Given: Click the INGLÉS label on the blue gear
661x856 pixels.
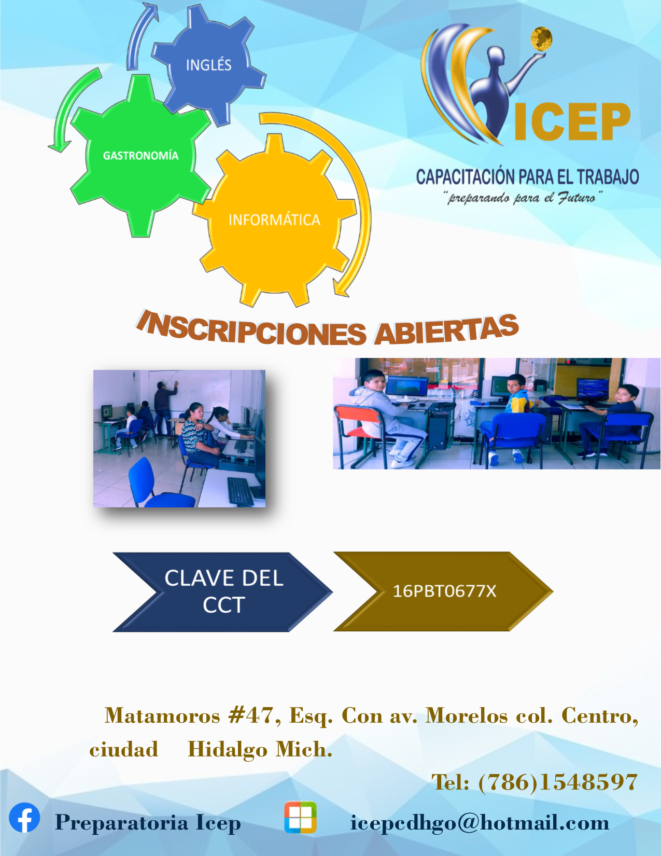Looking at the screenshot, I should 208,65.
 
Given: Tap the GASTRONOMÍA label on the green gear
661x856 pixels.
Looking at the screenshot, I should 140,156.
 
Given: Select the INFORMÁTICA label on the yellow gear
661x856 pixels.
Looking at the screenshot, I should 274,220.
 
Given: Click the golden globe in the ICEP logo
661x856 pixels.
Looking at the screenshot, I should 541,39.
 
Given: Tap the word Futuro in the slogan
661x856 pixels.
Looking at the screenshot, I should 576,198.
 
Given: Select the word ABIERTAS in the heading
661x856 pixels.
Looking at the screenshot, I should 446,330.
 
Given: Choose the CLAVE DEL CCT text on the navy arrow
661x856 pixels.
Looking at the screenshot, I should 223,591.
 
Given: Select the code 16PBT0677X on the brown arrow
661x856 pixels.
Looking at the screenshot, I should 444,591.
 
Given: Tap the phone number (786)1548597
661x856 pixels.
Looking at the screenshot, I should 557,782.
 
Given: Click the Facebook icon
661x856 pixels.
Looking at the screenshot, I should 24,818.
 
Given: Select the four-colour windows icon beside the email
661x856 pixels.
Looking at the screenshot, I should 300,818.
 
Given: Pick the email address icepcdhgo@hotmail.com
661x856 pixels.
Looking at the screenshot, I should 480,823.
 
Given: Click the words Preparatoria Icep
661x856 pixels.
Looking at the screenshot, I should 148,823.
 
